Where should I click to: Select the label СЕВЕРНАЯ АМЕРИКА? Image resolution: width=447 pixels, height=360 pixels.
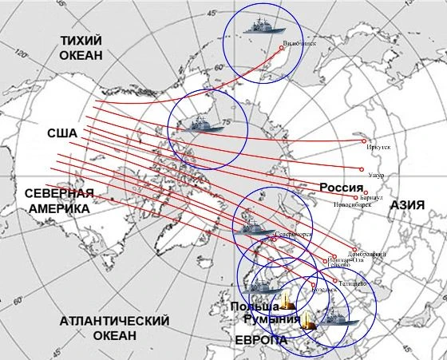(x=59, y=200)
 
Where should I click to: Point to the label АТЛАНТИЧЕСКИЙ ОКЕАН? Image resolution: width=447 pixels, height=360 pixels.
(x=115, y=327)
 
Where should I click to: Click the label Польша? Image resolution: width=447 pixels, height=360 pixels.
(x=253, y=307)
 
